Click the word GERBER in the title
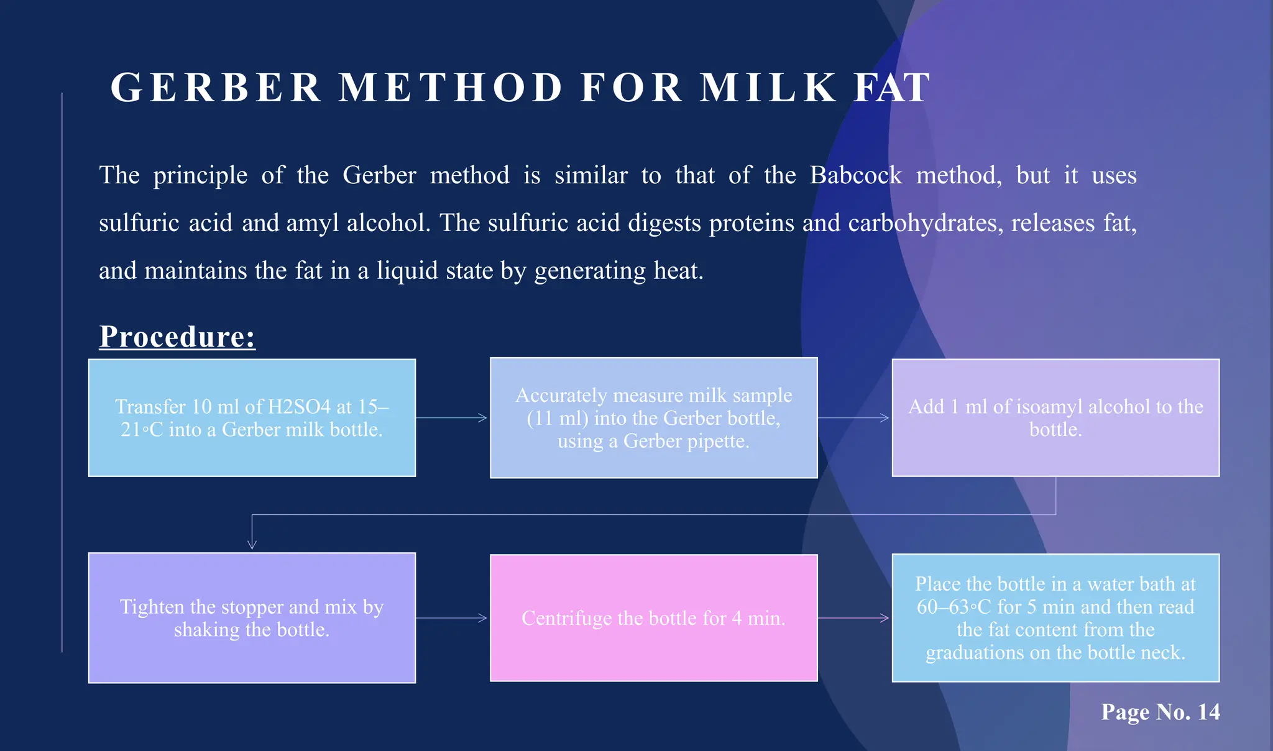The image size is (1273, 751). coord(216,88)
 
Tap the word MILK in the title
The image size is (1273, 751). coord(768,88)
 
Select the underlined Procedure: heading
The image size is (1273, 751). coord(177,337)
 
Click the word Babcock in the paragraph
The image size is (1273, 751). coord(855,175)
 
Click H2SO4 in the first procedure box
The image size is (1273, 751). coord(299,407)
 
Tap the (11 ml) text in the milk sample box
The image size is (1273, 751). coord(557,418)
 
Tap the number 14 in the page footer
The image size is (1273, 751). coord(1208,712)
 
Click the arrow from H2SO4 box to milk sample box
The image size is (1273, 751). coord(452,418)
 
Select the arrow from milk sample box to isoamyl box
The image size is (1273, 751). coord(854,418)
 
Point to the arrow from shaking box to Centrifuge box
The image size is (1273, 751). coord(452,618)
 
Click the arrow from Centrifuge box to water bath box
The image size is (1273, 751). coord(854,618)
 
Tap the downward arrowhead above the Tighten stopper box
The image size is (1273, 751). coord(252,544)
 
